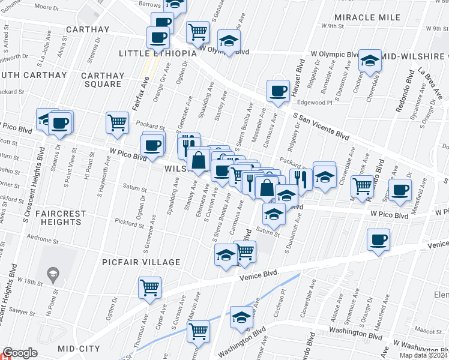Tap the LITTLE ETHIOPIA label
pyautogui.click(x=158, y=53)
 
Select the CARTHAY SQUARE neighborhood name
pyautogui.click(x=102, y=80)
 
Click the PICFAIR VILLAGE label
pyautogui.click(x=141, y=262)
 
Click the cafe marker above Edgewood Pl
pyautogui.click(x=277, y=91)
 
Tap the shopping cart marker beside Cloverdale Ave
pyautogui.click(x=361, y=187)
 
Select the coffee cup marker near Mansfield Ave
pyautogui.click(x=400, y=190)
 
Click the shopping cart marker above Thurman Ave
pyautogui.click(x=149, y=287)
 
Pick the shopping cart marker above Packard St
pyautogui.click(x=117, y=122)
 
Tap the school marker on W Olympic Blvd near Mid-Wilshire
pyautogui.click(x=370, y=60)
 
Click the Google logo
pyautogui.click(x=20, y=353)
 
